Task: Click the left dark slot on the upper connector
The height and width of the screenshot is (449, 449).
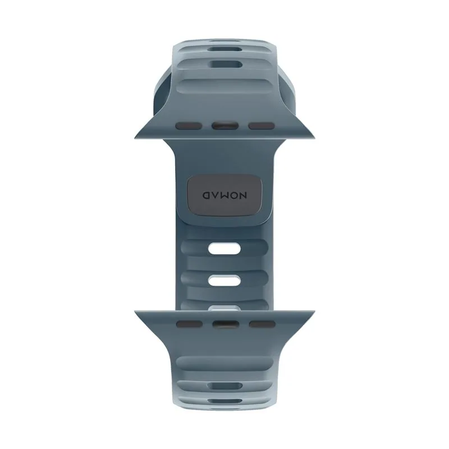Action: click(189, 126)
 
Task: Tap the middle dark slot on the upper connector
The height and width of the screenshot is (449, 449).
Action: click(225, 126)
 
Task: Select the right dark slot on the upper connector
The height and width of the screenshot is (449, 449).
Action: click(262, 126)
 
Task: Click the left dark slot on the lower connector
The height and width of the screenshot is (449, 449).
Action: click(189, 324)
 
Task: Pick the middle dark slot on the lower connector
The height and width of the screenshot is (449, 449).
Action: click(226, 324)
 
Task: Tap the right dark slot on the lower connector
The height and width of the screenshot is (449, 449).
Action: click(262, 324)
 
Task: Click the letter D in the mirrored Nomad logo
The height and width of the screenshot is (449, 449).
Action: click(207, 195)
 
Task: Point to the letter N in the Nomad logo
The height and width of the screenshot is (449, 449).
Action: click(243, 195)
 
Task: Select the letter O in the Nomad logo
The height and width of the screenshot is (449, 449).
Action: click(234, 195)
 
